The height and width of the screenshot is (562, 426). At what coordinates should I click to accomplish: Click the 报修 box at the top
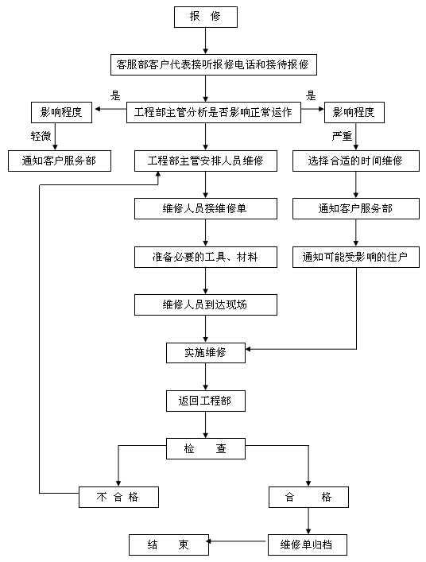pos(205,16)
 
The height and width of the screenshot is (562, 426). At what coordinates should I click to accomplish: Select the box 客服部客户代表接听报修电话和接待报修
pos(212,64)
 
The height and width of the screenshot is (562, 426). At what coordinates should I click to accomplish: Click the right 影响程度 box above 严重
pos(355,112)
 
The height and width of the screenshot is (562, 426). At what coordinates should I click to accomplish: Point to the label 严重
pos(342,136)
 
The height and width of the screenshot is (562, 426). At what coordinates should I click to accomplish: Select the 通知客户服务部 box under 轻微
pos(59,161)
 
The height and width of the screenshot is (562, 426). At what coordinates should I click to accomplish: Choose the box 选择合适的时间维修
pos(355,161)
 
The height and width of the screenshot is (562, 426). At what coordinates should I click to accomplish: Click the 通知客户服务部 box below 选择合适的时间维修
pos(355,209)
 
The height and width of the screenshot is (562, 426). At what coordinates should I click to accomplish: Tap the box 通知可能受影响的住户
pos(355,257)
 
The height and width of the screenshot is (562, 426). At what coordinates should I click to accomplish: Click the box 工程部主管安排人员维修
pos(205,161)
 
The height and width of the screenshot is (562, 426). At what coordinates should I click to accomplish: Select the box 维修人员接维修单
pos(205,209)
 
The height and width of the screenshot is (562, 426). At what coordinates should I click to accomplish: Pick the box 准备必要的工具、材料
pos(205,257)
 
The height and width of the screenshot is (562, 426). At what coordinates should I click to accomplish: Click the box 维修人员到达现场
pos(205,304)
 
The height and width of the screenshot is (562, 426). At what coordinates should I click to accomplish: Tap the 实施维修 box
pos(205,352)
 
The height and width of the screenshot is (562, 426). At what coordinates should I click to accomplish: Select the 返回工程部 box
pos(205,401)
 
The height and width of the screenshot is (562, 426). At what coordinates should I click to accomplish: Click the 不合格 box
pos(118,497)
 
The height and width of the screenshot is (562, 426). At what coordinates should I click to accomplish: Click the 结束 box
pos(168,545)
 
